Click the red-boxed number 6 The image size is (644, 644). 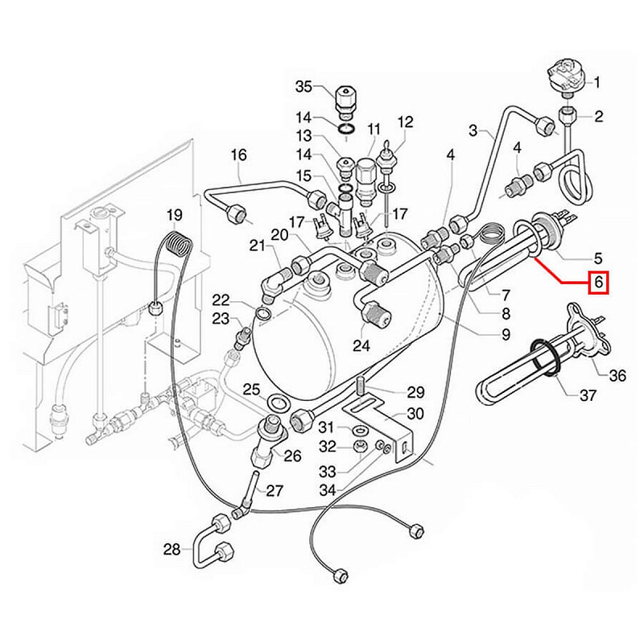pos(598,283)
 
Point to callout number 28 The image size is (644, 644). pos(171,550)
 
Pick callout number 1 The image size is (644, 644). pos(598,82)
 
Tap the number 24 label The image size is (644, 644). pos(361,346)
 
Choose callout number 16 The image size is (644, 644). pos(239,155)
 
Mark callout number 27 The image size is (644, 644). pos(275,491)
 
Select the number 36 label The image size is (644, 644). pos(617,375)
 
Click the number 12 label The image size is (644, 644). pos(405,122)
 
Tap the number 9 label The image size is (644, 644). pos(506,334)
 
